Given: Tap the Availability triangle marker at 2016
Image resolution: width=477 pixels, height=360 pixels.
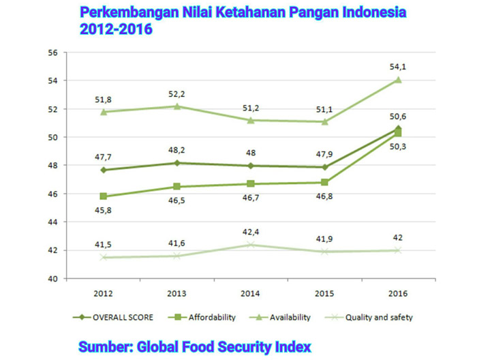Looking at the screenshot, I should [398, 80].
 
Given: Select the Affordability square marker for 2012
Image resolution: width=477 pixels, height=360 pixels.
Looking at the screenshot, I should [102, 196].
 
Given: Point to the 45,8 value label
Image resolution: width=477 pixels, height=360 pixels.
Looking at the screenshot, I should [102, 210].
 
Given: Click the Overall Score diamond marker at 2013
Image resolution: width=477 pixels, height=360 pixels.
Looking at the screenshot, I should [178, 163].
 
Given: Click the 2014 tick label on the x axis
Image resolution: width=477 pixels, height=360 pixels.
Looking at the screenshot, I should [251, 294].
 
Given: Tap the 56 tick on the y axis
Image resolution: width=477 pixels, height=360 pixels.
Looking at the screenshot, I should [52, 52].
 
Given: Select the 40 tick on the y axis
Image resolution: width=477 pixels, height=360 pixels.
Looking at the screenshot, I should [52, 278].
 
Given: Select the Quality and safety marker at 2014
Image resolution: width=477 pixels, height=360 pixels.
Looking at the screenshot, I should [251, 244].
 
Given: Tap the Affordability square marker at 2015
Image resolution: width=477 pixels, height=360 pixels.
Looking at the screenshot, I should [325, 182].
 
